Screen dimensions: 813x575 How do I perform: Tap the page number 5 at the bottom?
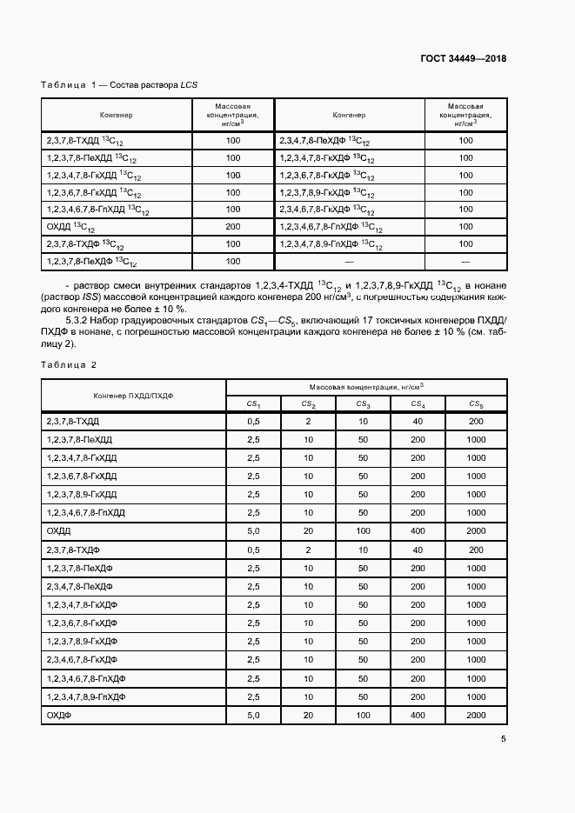pos(504,739)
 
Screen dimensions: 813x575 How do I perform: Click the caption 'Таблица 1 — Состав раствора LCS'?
pos(120,84)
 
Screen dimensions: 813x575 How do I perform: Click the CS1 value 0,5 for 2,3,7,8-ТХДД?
pos(254,421)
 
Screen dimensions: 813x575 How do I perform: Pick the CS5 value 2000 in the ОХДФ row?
pos(476,715)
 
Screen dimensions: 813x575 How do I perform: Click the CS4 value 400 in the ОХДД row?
pos(418,530)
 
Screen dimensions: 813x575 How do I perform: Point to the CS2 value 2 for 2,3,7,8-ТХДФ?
pos(308,550)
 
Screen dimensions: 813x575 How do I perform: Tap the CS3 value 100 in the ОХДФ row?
pos(363,715)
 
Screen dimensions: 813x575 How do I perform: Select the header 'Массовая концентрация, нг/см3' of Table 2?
pos(366,386)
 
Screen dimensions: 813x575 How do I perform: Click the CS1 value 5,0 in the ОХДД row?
pos(254,530)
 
